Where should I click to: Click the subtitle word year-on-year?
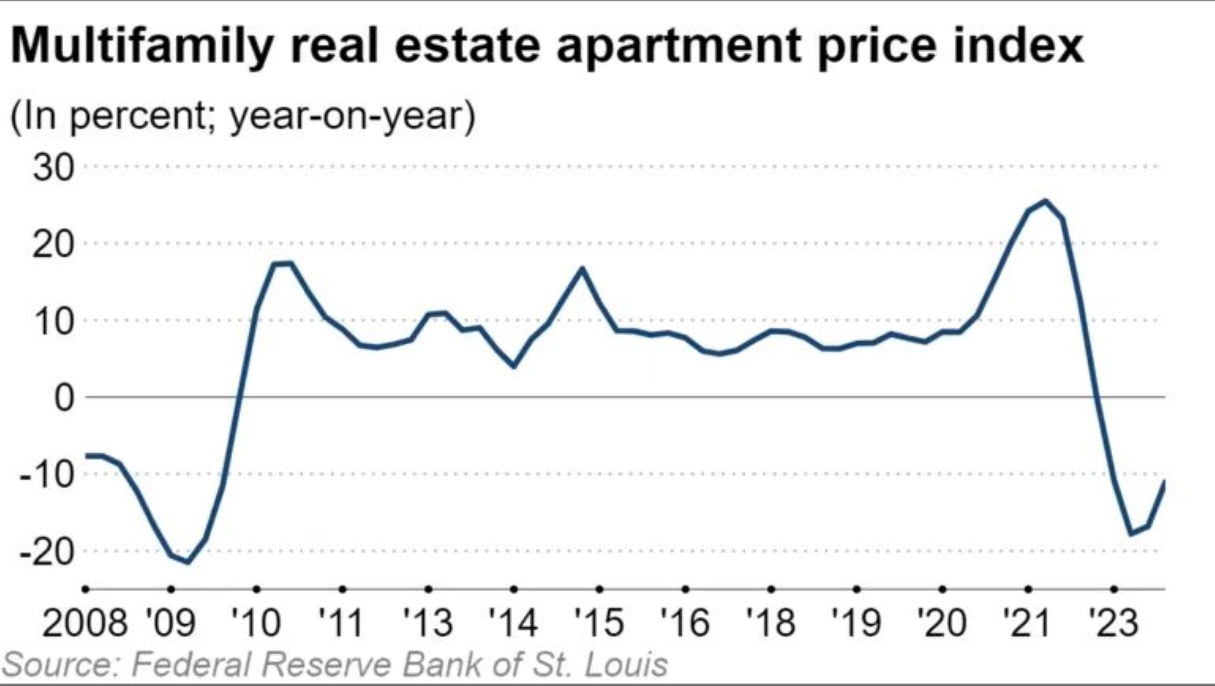(352, 117)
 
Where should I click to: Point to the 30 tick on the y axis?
(54, 168)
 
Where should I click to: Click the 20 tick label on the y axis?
(54, 244)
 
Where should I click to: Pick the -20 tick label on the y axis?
(47, 552)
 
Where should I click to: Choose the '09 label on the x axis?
(171, 623)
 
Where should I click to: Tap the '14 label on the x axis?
(514, 623)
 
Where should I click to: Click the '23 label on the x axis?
(1113, 623)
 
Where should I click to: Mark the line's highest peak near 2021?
(1045, 201)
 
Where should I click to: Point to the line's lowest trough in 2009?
(188, 563)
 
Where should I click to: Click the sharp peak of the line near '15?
(582, 269)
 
